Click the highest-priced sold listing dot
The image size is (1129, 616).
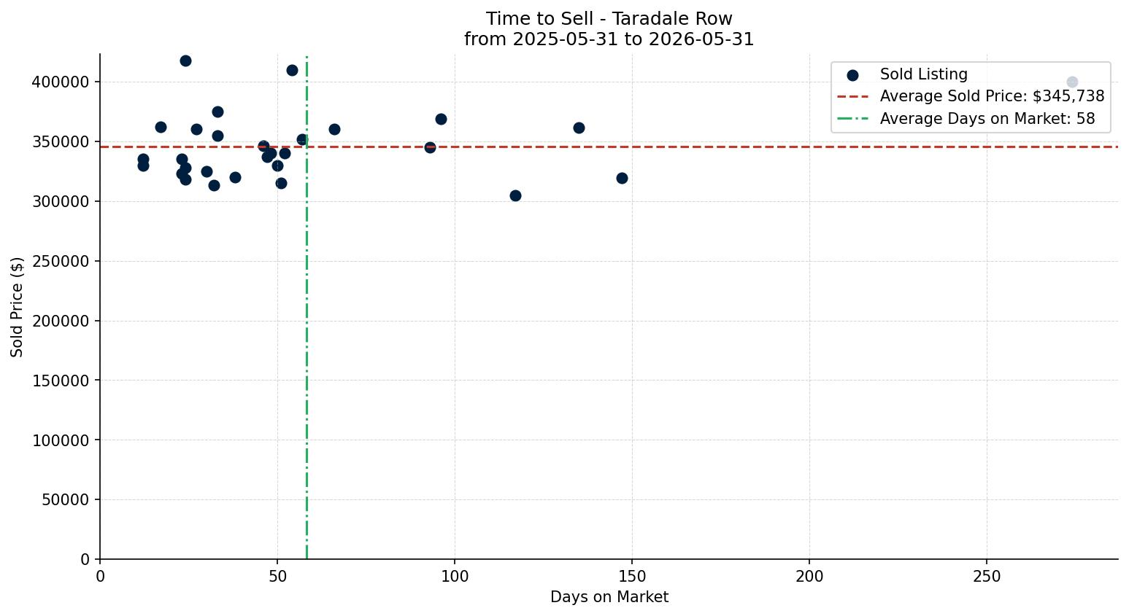coord(185,61)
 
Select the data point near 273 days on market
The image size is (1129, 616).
coord(1072,82)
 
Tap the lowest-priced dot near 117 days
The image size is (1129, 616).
coord(515,196)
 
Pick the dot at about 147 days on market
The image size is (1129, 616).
coord(622,178)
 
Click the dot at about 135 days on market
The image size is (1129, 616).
coord(579,128)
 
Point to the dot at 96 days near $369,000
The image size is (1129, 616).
coord(441,120)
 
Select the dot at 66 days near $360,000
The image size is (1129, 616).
coord(334,129)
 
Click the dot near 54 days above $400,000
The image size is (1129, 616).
coord(292,71)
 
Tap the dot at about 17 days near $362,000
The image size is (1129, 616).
coord(161,128)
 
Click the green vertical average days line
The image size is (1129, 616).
coord(307,308)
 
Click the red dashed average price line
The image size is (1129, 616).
coord(609,147)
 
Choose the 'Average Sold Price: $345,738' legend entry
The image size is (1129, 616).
coord(971,96)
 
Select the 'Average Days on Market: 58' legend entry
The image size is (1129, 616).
coord(966,119)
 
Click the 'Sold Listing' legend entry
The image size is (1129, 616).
coord(907,74)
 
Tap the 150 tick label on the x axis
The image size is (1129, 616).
coord(632,577)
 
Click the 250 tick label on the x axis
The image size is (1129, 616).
coord(987,577)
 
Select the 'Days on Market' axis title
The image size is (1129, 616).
coord(609,597)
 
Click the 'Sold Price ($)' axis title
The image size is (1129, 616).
coord(17,308)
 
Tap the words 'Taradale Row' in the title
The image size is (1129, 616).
coord(672,19)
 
